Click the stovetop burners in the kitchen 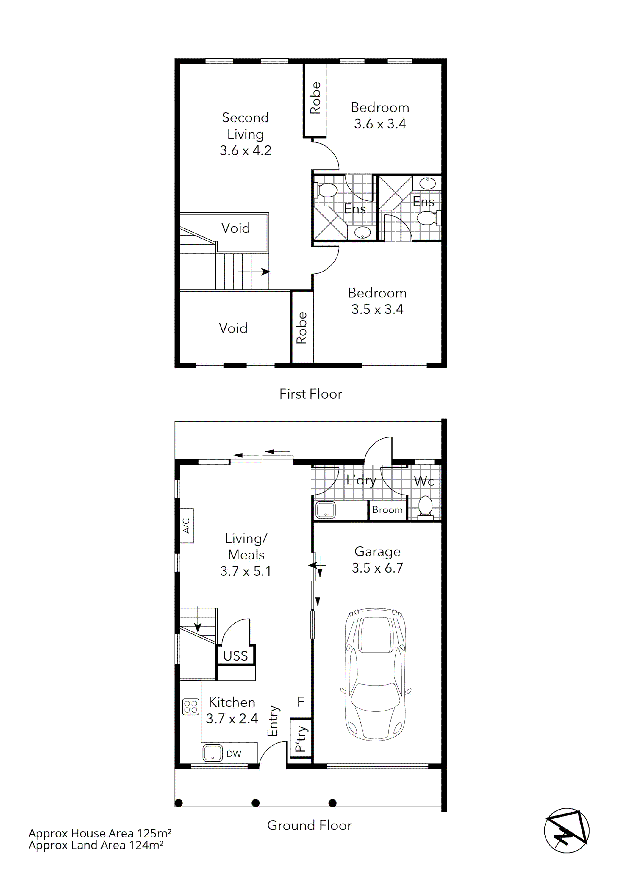tap(190, 706)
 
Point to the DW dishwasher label tap(234, 754)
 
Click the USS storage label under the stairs tap(235, 656)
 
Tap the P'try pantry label tap(301, 738)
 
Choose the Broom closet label tap(387, 510)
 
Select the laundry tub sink tap(326, 510)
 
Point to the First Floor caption tap(311, 394)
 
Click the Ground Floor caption tap(310, 825)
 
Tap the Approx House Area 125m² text tap(100, 833)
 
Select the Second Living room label tap(246, 134)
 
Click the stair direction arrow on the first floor tap(254, 272)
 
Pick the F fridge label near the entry tap(301, 702)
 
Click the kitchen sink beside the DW tap(212, 753)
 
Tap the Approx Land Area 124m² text tap(96, 845)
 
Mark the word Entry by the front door tap(273, 721)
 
